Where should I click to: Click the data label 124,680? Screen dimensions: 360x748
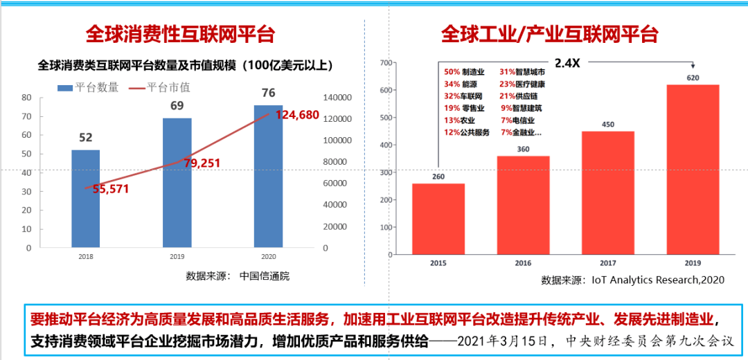click(297, 115)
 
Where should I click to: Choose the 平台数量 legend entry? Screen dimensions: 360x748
click(88, 87)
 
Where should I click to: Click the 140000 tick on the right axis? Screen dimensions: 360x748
click(339, 98)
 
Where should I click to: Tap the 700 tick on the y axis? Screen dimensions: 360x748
click(386, 63)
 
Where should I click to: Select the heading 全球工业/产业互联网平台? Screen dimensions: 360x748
click(549, 34)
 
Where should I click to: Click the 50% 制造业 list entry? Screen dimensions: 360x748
click(464, 72)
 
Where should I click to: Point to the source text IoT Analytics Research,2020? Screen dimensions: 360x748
click(657, 280)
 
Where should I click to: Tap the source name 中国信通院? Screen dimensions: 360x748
click(265, 276)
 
